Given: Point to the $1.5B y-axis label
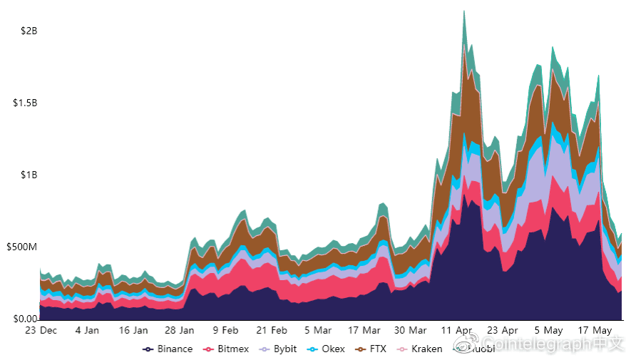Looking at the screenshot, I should coord(25,103).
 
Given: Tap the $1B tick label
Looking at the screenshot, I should coord(29,175).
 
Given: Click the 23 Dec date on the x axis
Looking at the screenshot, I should coord(41,331).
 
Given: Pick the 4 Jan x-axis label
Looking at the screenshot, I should coord(87,331).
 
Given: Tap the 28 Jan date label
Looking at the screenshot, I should coord(180,331).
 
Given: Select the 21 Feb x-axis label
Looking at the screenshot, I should coord(272,331).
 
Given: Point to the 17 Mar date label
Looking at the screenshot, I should coord(364,331).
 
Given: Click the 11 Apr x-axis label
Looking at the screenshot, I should coord(457,331).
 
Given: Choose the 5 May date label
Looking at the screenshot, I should coord(549,331).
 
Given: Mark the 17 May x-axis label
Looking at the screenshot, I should coord(595,331).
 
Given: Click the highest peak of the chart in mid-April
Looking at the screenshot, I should coord(464,11).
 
